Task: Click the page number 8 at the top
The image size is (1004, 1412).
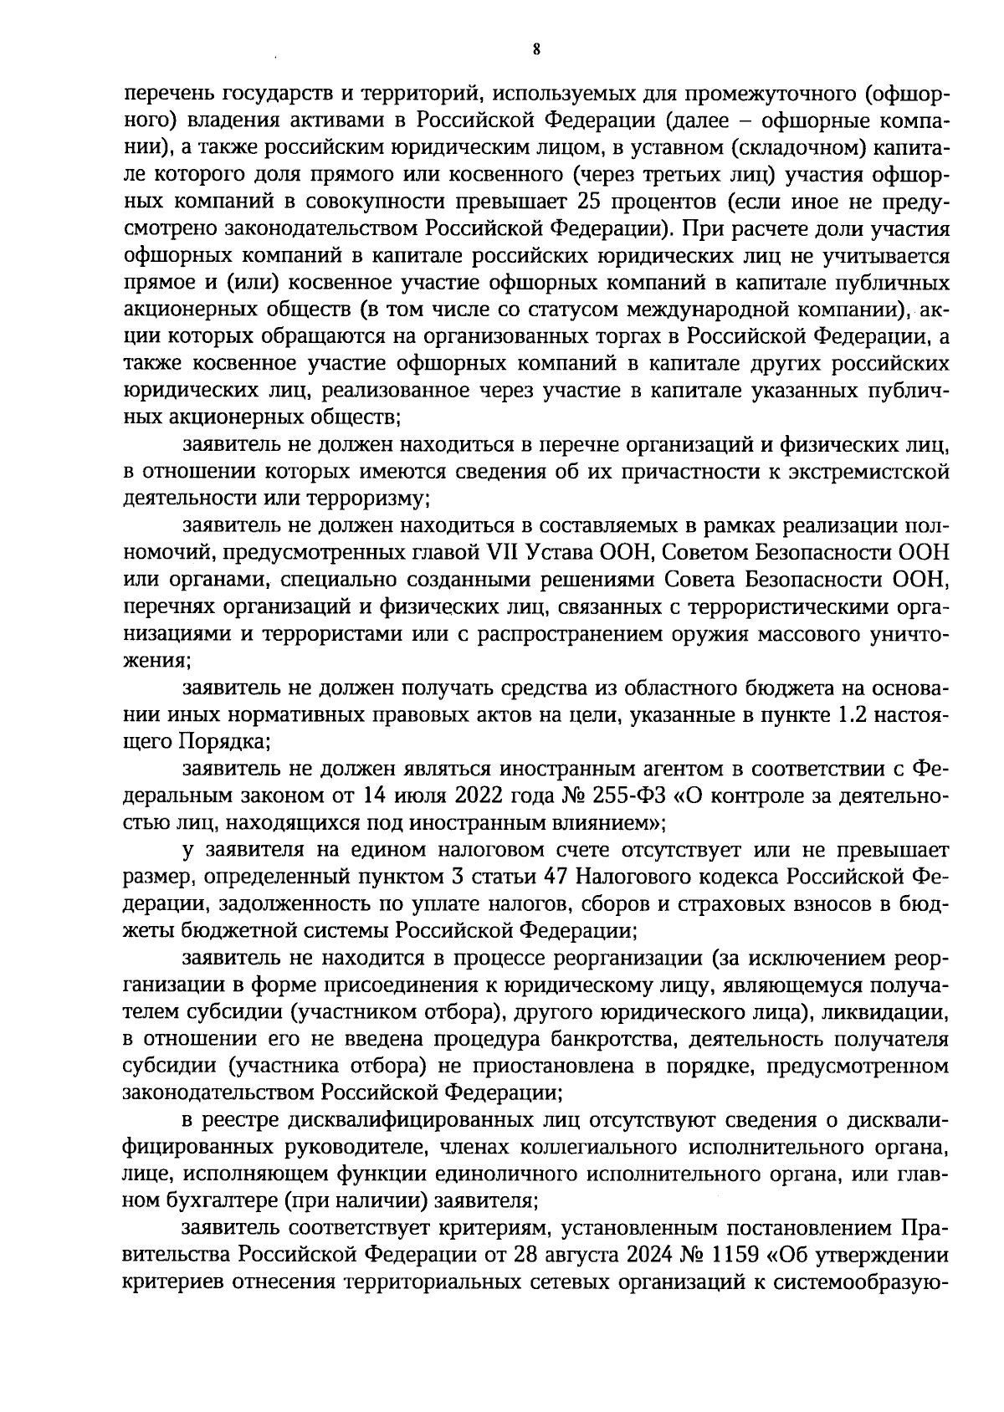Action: pos(535,50)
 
